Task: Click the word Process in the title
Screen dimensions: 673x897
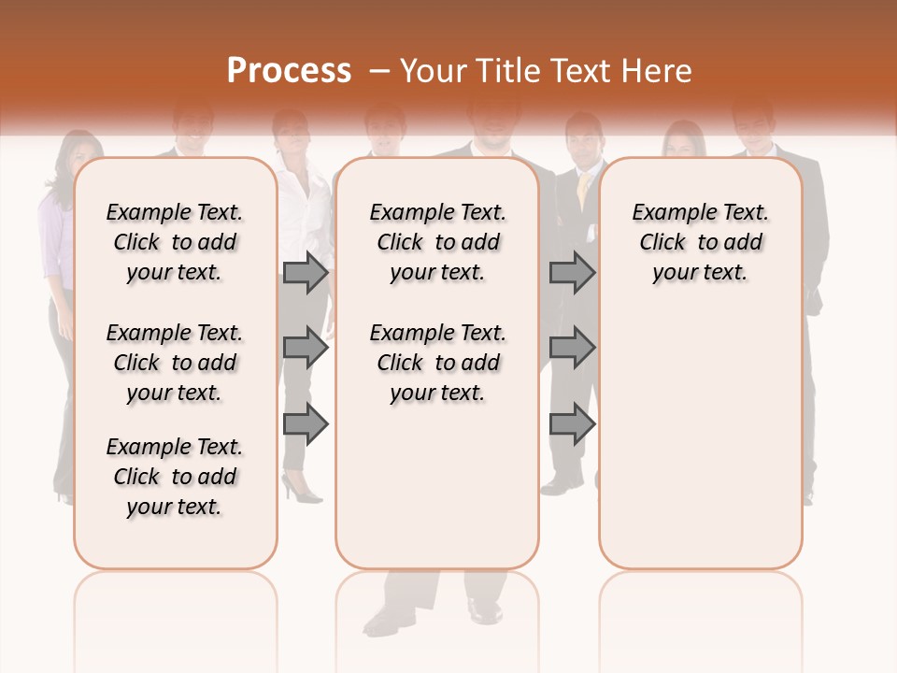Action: pos(289,70)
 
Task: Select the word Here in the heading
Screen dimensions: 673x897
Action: pos(657,71)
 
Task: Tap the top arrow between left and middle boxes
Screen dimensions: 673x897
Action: pos(306,273)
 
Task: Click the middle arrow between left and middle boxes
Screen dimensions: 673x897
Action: pos(306,349)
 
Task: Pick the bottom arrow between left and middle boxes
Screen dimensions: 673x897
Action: pos(306,424)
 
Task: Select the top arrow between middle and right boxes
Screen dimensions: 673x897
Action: pos(572,273)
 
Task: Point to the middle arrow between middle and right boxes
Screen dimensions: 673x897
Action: pos(572,349)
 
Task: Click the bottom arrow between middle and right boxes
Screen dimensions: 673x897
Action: pos(572,424)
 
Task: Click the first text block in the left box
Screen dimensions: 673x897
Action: pos(175,242)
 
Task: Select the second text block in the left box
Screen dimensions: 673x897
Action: pos(175,363)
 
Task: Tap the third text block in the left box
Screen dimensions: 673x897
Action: pos(175,477)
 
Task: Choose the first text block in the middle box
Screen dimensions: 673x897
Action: pos(437,242)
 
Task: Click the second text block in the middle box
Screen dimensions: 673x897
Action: pos(437,363)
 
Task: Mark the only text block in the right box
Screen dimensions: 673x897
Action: pos(700,242)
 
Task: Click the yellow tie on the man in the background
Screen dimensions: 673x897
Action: pos(583,191)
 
